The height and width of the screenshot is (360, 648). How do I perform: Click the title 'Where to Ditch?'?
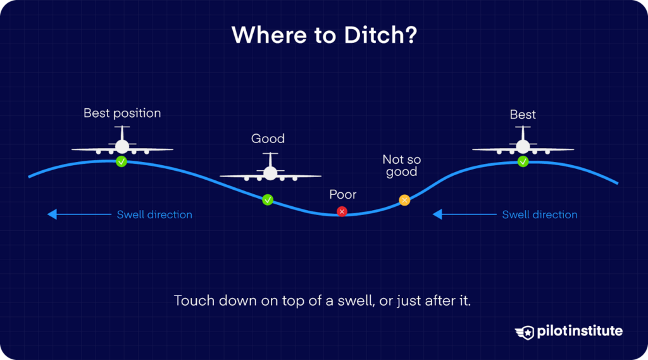pos(323,36)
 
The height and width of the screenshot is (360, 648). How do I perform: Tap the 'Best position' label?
pos(122,114)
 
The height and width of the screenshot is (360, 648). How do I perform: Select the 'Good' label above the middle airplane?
pos(268,139)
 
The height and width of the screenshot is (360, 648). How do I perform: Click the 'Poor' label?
pos(342,195)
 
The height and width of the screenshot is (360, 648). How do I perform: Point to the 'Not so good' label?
pos(401,166)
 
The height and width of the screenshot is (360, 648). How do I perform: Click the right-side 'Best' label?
pos(523,115)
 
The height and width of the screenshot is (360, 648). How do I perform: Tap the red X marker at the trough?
pos(342,211)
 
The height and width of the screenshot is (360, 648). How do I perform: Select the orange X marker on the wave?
pos(404,200)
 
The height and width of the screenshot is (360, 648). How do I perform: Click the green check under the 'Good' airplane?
pos(268,200)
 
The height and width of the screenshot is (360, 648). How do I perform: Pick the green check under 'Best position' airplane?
pos(121,162)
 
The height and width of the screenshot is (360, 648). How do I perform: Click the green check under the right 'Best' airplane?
pos(523,162)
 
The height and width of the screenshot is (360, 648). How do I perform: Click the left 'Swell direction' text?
pos(154,214)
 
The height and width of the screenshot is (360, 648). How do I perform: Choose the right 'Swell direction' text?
pos(540,214)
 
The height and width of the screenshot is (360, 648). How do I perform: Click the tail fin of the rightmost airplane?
pos(523,132)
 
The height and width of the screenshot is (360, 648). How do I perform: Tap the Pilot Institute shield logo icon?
pos(525,332)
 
